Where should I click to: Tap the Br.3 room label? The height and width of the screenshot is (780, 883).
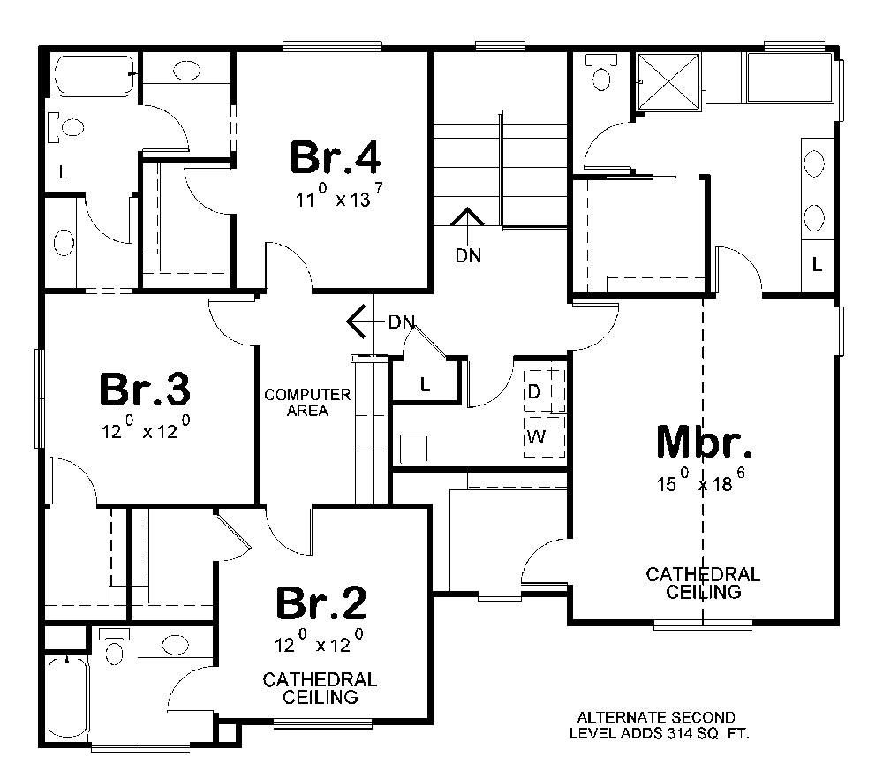(x=146, y=389)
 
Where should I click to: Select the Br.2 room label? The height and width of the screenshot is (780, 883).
(x=321, y=603)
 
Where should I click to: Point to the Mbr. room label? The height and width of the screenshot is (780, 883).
(x=705, y=442)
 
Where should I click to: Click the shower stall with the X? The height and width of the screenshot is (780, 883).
(x=668, y=84)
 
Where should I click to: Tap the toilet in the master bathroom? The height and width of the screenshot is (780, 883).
(x=603, y=74)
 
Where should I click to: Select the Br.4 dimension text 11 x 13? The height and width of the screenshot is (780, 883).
(x=340, y=198)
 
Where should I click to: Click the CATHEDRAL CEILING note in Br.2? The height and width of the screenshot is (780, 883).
(x=320, y=688)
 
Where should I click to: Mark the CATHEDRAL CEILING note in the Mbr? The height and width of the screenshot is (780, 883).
(x=703, y=583)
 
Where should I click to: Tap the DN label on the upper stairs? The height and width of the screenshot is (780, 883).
(x=469, y=255)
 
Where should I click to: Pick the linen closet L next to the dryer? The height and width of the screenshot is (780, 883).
(x=425, y=384)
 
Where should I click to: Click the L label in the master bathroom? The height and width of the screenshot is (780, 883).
(x=817, y=263)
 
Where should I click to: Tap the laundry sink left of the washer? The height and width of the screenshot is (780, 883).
(x=413, y=448)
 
